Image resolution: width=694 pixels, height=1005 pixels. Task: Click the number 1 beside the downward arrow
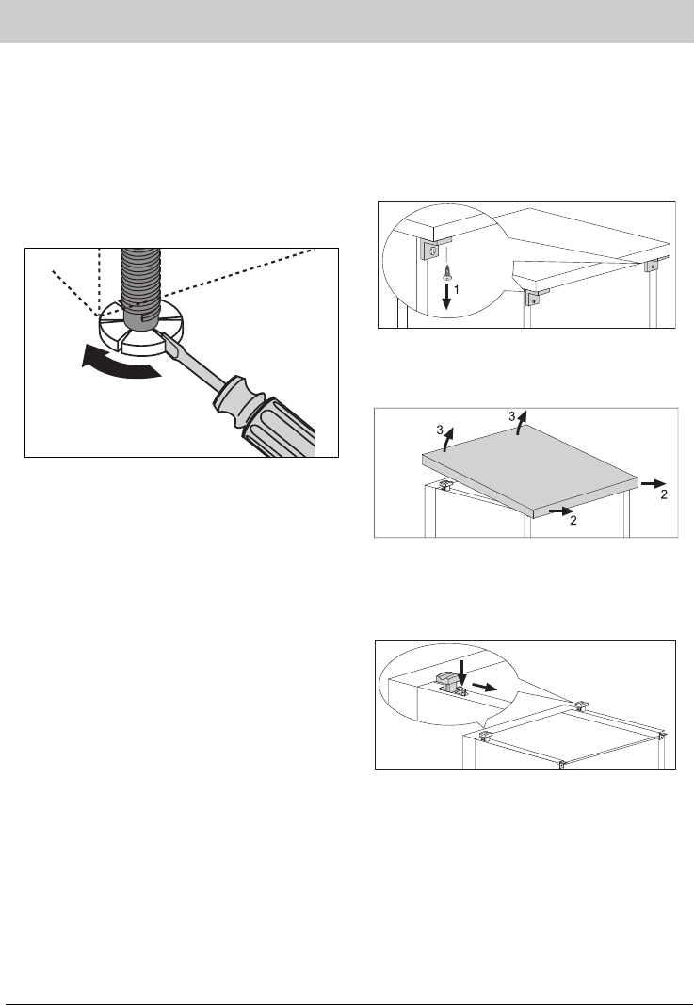coord(457,290)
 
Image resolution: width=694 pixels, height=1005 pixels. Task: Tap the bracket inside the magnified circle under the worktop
coord(433,250)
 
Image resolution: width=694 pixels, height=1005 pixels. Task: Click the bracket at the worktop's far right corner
coord(651,265)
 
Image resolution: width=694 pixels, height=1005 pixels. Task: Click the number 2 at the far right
coord(665,494)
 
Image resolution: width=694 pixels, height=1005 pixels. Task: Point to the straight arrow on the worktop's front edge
coord(561,511)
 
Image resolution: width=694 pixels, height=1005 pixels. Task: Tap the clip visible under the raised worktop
coord(445,484)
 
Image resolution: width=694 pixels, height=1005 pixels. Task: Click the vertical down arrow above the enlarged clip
coord(462,673)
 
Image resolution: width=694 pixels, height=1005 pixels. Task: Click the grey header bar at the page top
coord(347,22)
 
